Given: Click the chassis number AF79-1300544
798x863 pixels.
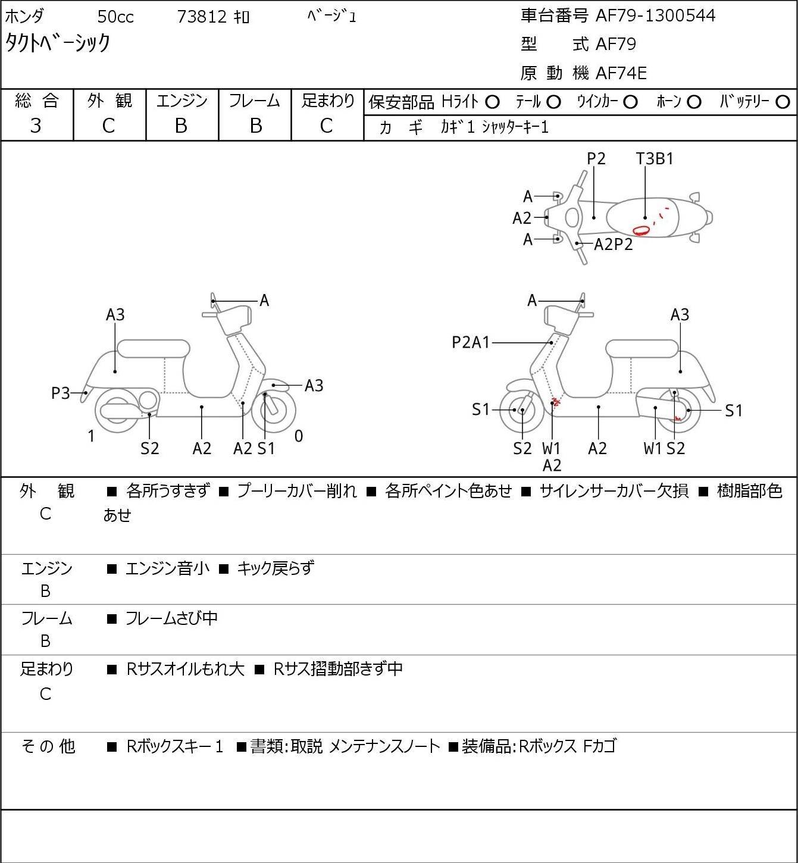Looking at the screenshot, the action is coord(655,15).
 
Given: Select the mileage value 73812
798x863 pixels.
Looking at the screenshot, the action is coord(202,17).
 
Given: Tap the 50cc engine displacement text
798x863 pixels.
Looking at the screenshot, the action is coord(115,17).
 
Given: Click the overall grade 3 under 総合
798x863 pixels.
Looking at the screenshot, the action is coord(36,126).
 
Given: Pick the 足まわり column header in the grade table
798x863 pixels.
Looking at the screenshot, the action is coord(328,101).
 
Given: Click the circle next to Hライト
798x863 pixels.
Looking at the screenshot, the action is coord(492,102).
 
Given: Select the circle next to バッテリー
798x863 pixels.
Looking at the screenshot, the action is coord(783,102).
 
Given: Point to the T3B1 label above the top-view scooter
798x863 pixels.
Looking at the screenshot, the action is coord(655,158).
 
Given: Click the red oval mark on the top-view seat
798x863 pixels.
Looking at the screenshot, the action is coord(641,230).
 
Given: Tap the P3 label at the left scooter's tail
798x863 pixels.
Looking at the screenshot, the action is coord(61,393).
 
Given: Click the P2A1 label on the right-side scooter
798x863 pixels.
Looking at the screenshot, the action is coord(471,342).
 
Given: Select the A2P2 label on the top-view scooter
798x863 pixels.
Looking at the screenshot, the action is coord(614,244).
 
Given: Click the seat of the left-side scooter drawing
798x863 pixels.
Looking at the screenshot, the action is coord(154,349).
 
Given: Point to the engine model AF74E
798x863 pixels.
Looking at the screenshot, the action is coord(621,73).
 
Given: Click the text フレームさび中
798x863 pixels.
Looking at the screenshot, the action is coord(171,618).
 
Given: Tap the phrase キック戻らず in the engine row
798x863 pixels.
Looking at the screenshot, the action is coord(275,568).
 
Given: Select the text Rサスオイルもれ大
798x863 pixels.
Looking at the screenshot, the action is coord(186,669).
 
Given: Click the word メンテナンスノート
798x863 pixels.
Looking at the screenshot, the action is coord(385,746).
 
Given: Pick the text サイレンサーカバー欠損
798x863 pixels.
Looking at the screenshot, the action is coord(614,490).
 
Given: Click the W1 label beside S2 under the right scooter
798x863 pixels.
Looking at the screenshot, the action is coord(653,448).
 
